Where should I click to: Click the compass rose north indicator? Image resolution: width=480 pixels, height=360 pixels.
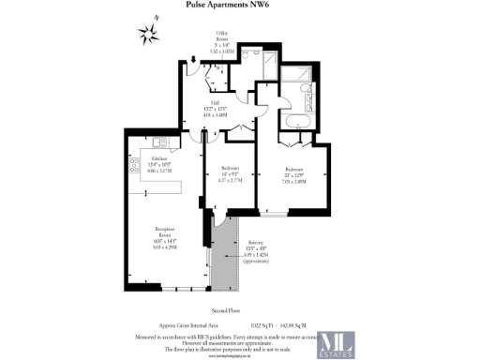point(148,35)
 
